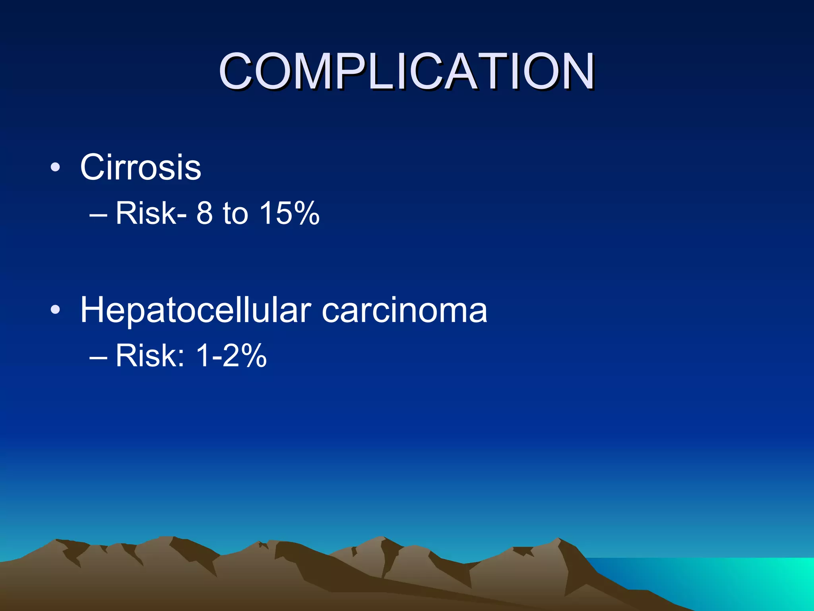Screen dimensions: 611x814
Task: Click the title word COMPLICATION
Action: [406, 72]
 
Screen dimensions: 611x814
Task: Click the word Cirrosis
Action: [140, 167]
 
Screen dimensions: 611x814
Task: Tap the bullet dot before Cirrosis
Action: [55, 167]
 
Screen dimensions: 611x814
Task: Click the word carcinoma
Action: [404, 311]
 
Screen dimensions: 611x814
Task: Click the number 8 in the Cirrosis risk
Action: [205, 213]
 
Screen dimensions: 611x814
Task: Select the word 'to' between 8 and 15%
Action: [235, 213]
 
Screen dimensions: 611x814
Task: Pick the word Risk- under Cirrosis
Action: [151, 213]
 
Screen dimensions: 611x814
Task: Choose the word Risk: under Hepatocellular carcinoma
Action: [150, 356]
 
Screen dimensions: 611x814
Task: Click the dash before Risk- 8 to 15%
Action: [99, 215]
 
